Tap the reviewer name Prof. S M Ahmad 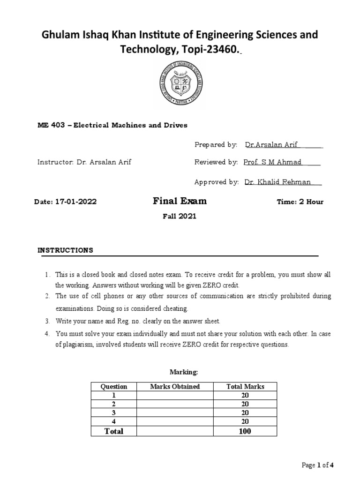[x=273, y=162]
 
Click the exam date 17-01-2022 [x=75, y=202]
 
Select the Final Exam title [x=180, y=202]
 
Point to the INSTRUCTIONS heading [x=65, y=250]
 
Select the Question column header [x=114, y=387]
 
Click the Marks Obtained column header [x=175, y=387]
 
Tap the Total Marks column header [x=245, y=387]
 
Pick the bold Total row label [x=114, y=431]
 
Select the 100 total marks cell [x=245, y=431]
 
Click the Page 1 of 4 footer [x=318, y=465]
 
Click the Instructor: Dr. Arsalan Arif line [x=84, y=162]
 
